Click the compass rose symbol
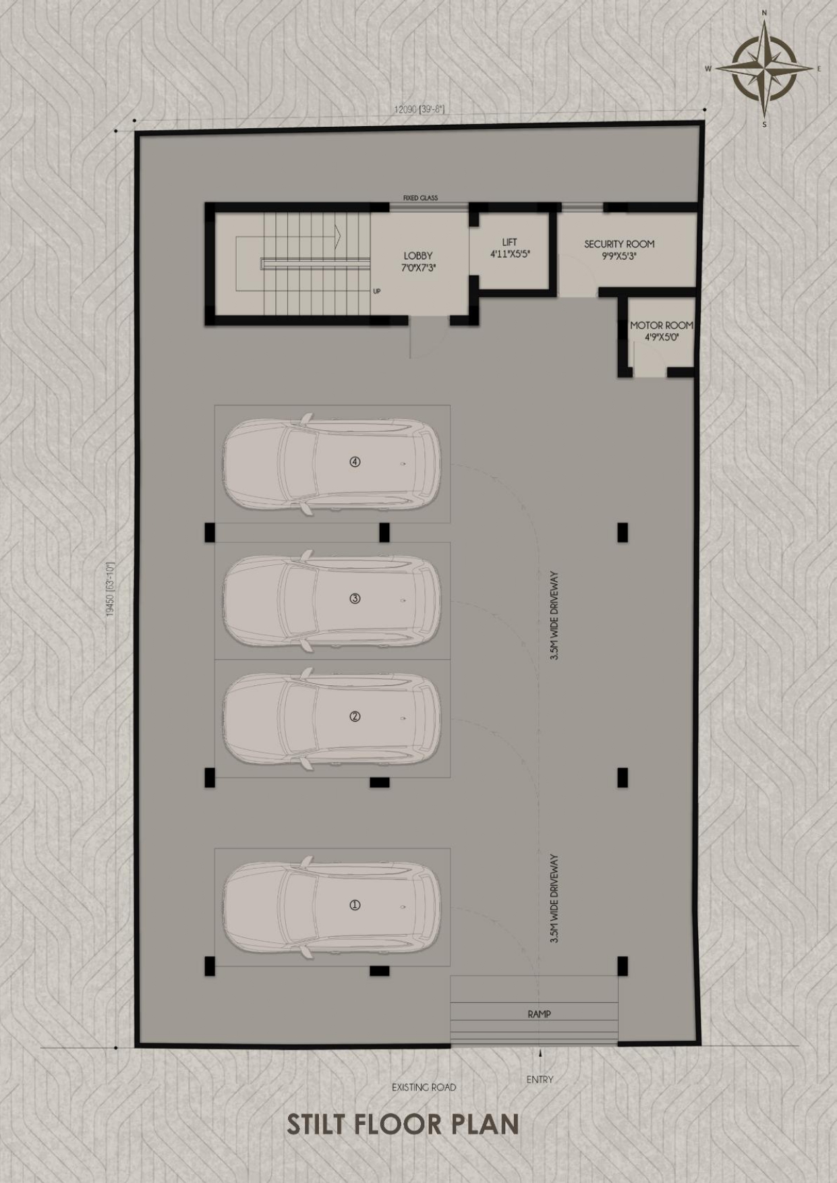click(x=764, y=68)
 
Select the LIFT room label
click(x=510, y=248)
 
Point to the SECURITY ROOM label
click(x=619, y=250)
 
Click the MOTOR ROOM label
click(x=661, y=331)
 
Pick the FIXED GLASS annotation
click(x=420, y=198)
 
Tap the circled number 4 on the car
click(x=355, y=462)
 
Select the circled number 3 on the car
click(x=355, y=598)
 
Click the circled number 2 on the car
click(x=355, y=716)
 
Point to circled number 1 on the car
click(x=355, y=905)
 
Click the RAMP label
click(x=539, y=1014)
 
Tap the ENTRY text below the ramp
click(x=540, y=1079)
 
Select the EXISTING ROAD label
click(x=424, y=1087)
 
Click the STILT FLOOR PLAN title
click(x=403, y=1124)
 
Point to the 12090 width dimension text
click(x=419, y=109)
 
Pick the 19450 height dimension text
click(x=111, y=589)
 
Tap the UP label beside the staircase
click(x=376, y=291)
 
